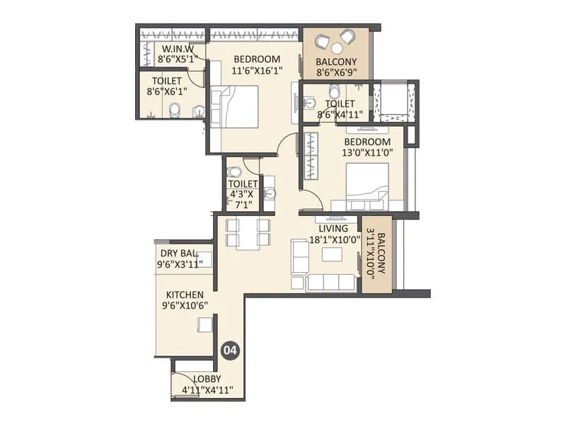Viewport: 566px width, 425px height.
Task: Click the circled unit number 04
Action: coord(231,350)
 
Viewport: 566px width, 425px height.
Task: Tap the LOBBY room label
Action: coord(207,379)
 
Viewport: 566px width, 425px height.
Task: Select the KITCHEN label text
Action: coord(185,295)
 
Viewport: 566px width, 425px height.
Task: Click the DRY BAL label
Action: coord(180,253)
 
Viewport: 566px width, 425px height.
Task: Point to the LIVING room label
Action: coord(333,228)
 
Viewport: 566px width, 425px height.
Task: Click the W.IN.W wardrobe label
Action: coord(178,48)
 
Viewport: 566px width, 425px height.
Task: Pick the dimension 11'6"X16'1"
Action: coord(257,70)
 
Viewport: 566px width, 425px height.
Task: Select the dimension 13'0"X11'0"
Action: coord(367,152)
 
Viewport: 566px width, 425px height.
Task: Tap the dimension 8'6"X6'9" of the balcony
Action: coord(337,73)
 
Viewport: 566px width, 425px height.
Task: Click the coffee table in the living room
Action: coord(332,254)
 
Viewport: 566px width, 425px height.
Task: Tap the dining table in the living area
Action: coord(248,234)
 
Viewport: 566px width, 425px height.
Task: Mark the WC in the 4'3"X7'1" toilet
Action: coord(233,171)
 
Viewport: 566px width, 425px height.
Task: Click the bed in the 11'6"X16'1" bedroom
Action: coord(234,107)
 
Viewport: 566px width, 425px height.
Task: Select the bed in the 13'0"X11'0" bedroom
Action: coord(367,187)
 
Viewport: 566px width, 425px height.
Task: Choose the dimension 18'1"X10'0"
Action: coord(335,239)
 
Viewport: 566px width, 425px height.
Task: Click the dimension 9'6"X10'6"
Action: coord(185,306)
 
